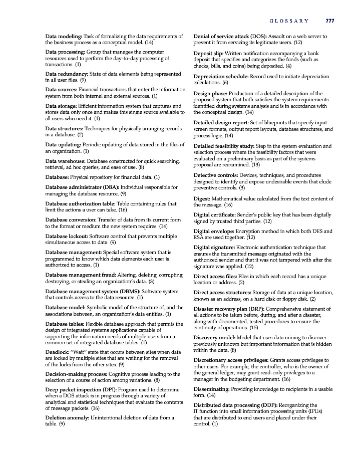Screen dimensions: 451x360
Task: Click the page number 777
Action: click(x=329, y=21)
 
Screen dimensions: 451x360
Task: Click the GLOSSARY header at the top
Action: click(x=289, y=21)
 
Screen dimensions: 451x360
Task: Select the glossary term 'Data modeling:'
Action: click(x=64, y=37)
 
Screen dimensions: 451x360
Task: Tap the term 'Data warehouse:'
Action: click(x=66, y=161)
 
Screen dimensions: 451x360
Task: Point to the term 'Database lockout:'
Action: click(x=68, y=236)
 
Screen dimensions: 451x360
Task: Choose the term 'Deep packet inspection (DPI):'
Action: click(x=87, y=389)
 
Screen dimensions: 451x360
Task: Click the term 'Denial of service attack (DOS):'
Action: click(x=230, y=37)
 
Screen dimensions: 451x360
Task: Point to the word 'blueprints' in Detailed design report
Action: click(x=274, y=123)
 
